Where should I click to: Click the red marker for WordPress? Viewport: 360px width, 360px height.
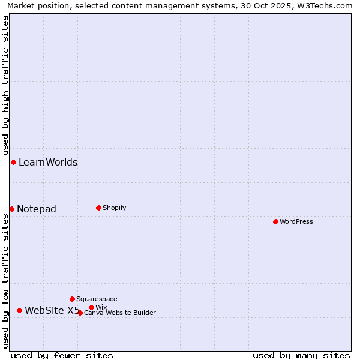coord(275,221)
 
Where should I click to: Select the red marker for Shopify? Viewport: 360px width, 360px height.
coord(98,208)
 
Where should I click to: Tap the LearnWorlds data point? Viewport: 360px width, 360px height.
coord(13,162)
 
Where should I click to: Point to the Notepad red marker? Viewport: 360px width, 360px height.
coord(11,209)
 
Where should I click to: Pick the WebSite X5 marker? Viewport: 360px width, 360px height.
coord(19,310)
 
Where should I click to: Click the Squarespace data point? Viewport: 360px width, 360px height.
coord(72,299)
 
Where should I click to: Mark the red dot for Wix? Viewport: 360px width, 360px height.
coord(91,307)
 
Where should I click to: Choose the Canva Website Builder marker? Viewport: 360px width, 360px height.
coord(80,313)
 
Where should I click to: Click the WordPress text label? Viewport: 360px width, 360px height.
coord(296,221)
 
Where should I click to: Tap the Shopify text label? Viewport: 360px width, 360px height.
coord(114,208)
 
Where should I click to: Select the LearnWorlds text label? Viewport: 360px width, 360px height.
coord(48,162)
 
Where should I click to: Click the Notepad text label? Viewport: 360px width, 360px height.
coord(37,209)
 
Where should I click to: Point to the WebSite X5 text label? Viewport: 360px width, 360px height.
coord(52,310)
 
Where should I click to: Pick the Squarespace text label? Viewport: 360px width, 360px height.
coord(97,299)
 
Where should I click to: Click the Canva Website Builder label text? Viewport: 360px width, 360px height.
coord(120,313)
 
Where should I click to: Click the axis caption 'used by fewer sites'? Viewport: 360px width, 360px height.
coord(62,355)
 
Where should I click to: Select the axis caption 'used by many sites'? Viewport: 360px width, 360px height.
coord(301,355)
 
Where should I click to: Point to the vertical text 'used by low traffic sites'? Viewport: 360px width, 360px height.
coord(5,281)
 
